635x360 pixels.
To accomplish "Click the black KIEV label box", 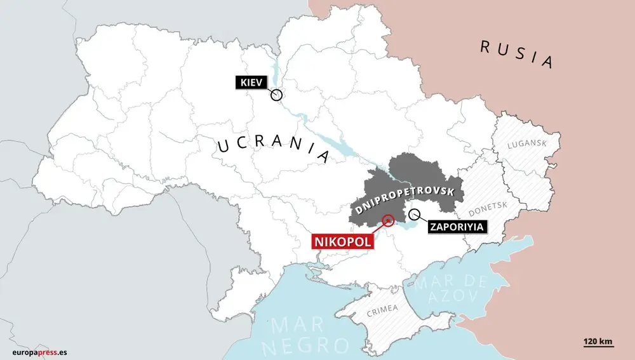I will (253, 82).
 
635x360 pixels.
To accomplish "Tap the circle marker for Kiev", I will (276, 95).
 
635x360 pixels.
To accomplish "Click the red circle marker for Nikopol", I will (387, 221).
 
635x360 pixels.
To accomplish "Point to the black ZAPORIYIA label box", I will (455, 226).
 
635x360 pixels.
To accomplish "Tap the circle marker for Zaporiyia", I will (414, 213).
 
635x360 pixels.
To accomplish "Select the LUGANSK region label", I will (526, 144).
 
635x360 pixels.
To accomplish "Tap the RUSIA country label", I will (516, 53).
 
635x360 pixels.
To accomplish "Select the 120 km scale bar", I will (599, 343).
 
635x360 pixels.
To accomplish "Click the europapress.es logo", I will (39, 352).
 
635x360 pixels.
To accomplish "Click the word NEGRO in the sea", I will (310, 346).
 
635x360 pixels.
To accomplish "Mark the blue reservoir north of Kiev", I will (274, 70).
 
